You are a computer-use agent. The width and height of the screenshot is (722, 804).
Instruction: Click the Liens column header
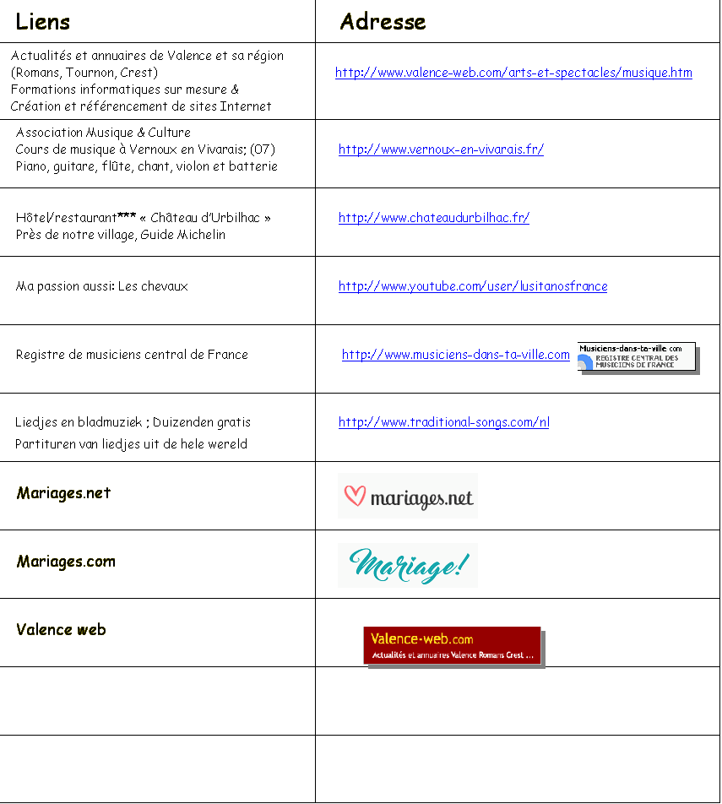(42, 22)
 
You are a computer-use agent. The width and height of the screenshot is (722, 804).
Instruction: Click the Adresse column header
(383, 22)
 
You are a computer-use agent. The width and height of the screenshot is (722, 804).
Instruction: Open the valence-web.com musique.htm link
(513, 73)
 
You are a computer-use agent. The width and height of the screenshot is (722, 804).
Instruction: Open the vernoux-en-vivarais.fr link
(441, 149)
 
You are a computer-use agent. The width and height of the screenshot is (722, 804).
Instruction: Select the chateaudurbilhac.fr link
(434, 218)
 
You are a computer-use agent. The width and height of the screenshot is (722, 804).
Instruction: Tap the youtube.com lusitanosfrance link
(473, 286)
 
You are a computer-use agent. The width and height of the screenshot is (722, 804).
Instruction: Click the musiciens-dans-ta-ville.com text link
(455, 355)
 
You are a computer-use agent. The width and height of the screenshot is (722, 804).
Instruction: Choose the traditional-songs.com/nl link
(443, 422)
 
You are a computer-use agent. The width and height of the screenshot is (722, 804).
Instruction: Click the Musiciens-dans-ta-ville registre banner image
(638, 357)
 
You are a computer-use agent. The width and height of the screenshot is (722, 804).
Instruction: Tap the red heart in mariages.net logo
(355, 495)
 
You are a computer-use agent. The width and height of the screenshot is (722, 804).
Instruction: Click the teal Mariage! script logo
(409, 565)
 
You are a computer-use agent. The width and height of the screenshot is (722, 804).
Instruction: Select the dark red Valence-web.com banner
(453, 647)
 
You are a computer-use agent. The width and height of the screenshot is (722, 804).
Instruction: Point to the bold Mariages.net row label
(63, 493)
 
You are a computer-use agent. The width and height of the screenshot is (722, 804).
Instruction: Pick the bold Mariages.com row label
(66, 562)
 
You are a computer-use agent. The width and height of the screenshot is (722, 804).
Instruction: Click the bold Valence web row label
(61, 630)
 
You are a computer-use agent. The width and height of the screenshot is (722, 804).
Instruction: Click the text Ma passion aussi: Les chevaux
(101, 286)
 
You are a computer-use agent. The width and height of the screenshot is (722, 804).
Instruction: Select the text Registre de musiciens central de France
(132, 355)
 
